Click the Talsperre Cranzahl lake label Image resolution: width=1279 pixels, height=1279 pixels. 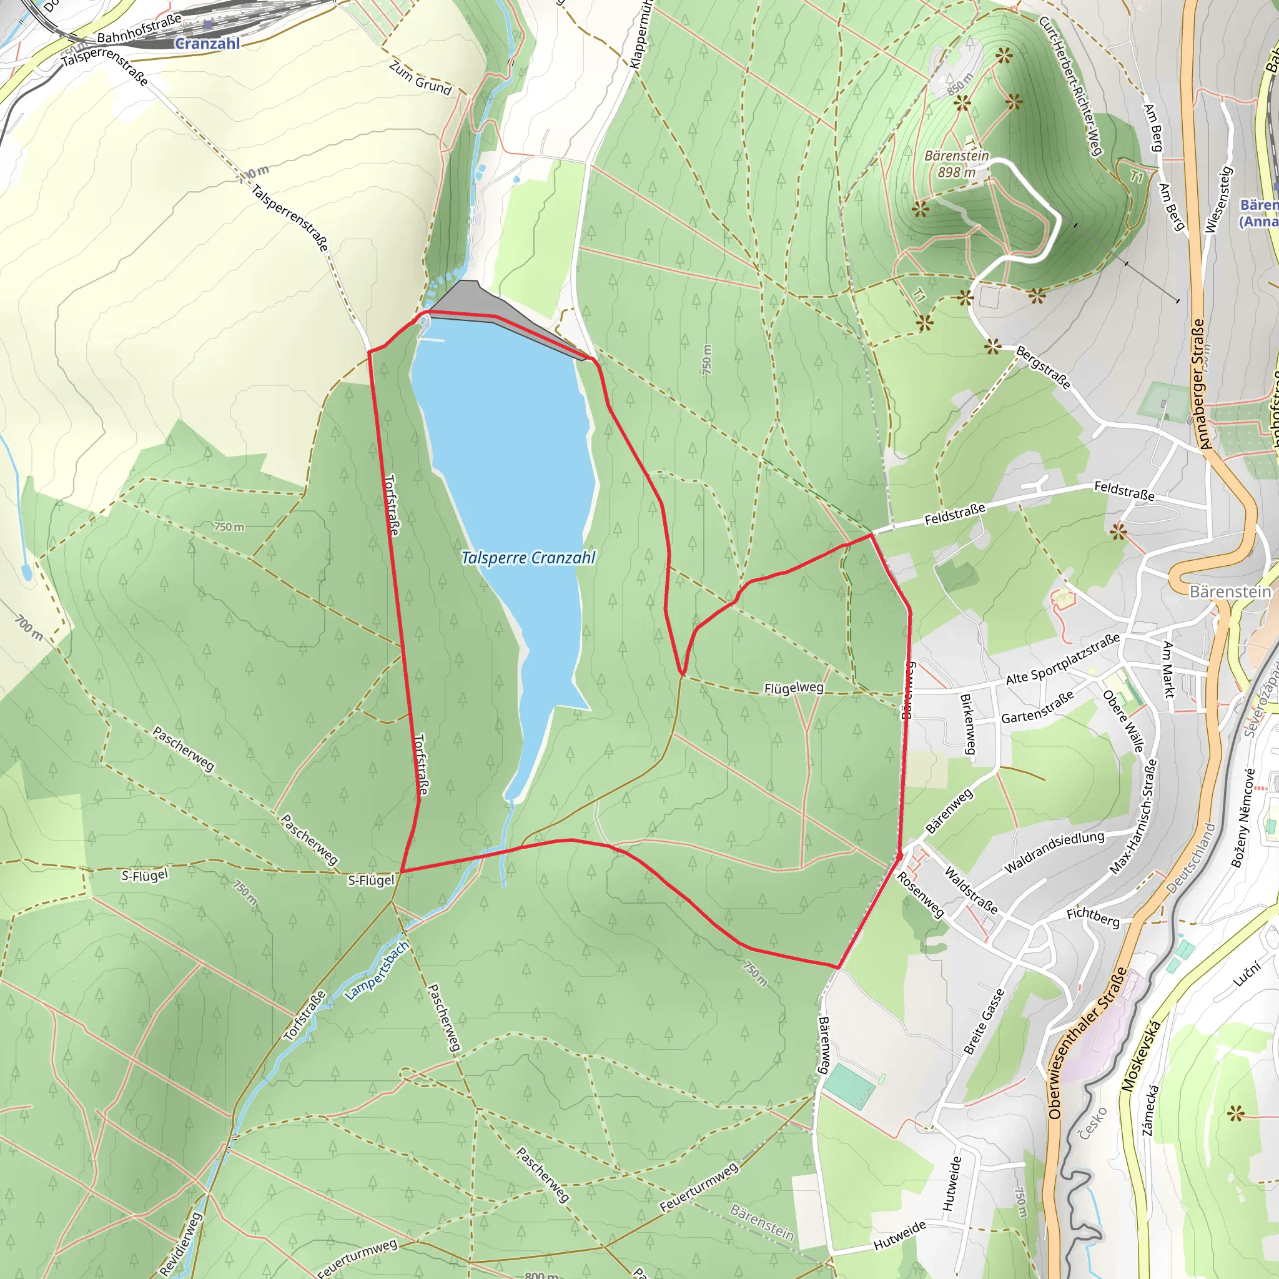pyautogui.click(x=528, y=558)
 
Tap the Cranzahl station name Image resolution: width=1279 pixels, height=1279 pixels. pyautogui.click(x=207, y=44)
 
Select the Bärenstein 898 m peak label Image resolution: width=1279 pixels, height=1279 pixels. pyautogui.click(x=957, y=164)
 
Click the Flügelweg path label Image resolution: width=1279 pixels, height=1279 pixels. pyautogui.click(x=794, y=688)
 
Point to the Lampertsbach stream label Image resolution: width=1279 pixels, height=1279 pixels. pyautogui.click(x=377, y=970)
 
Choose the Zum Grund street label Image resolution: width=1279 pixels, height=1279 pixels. pyautogui.click(x=420, y=78)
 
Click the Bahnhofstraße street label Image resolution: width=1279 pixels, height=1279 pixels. pyautogui.click(x=139, y=29)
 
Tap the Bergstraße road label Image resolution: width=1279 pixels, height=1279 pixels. pyautogui.click(x=1044, y=367)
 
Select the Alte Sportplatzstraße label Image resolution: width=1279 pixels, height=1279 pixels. pyautogui.click(x=1062, y=659)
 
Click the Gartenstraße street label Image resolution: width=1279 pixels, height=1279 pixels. pyautogui.click(x=1037, y=708)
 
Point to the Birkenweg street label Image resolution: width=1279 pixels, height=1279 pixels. pyautogui.click(x=968, y=724)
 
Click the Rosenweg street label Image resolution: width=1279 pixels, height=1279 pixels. pyautogui.click(x=920, y=894)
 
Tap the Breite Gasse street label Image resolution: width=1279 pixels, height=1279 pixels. pyautogui.click(x=984, y=1021)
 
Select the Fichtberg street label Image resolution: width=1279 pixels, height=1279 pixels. pyautogui.click(x=1092, y=917)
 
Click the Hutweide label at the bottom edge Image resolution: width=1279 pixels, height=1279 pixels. pyautogui.click(x=899, y=1235)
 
